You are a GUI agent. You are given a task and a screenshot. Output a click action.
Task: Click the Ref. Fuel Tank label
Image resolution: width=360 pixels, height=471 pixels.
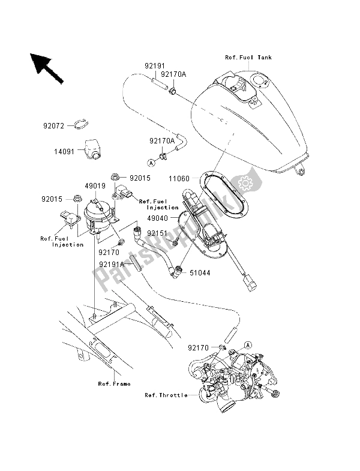click(248, 58)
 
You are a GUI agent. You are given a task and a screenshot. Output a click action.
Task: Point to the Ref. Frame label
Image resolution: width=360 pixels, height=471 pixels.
click(115, 383)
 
